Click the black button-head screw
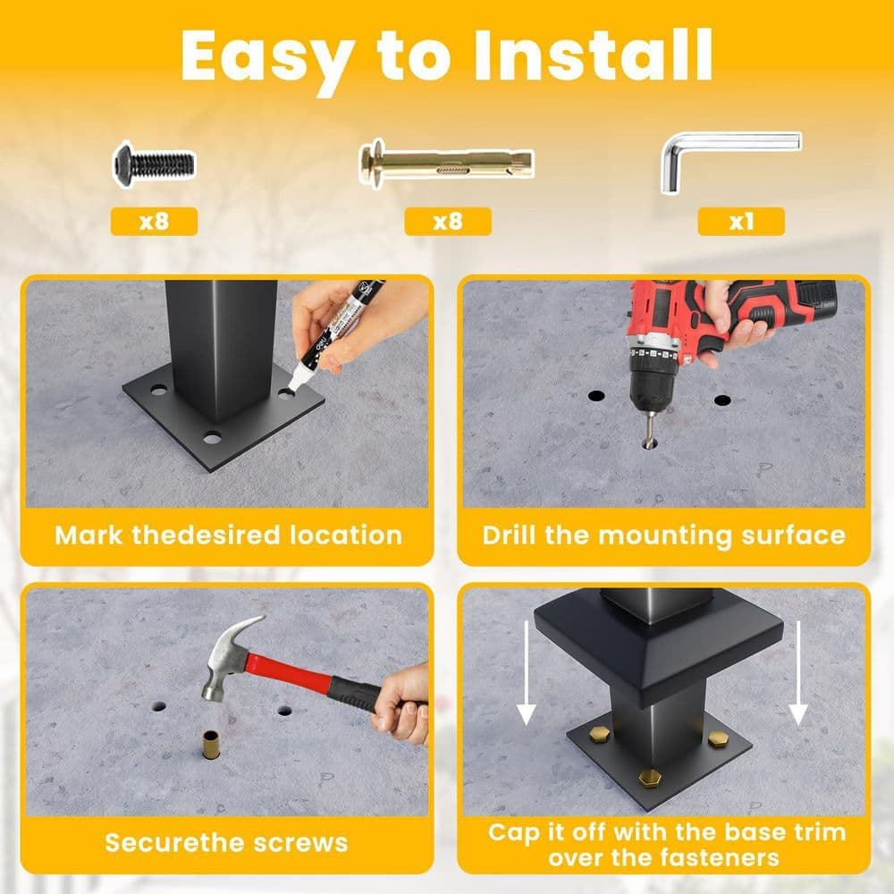[154, 164]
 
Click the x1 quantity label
[741, 221]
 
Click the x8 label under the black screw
[154, 221]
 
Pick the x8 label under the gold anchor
[448, 221]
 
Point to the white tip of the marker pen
[297, 381]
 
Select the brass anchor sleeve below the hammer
[210, 745]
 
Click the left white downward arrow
[527, 673]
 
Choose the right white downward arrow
[798, 673]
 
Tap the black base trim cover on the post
[659, 647]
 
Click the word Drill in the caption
[510, 535]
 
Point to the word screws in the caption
[300, 843]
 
